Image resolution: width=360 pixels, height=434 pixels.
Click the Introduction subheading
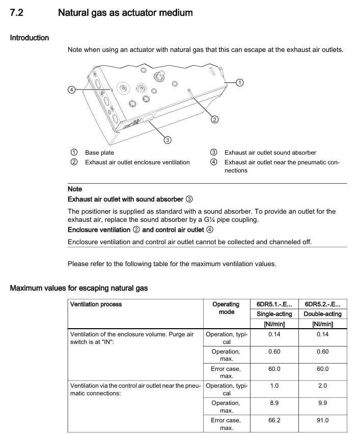(x=30, y=38)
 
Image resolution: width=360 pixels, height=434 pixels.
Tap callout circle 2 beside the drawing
(x=214, y=120)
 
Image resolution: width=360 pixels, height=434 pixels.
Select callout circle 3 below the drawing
(x=167, y=140)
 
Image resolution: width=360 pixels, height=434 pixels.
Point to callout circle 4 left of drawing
(x=72, y=90)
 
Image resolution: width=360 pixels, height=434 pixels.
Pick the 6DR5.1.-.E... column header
(x=275, y=304)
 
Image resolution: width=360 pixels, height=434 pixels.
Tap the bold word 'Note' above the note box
(x=75, y=189)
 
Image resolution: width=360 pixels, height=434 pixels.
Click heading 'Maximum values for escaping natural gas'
(x=79, y=288)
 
